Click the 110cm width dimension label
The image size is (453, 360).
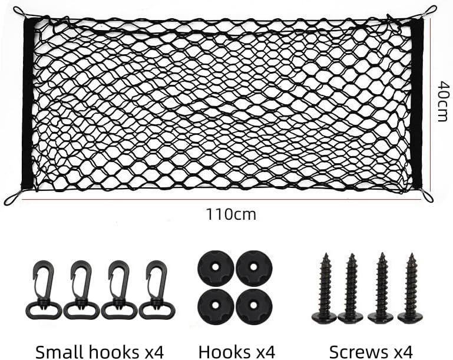231,214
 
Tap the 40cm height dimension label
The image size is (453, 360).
444,101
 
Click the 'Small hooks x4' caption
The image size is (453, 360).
100,352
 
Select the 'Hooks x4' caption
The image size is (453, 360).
237,352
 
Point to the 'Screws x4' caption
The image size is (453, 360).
371,352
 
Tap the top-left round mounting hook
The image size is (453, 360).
216,269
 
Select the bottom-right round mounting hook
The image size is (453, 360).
254,306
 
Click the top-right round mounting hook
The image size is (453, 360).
254,269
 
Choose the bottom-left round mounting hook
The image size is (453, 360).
216,306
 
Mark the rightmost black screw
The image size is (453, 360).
411,289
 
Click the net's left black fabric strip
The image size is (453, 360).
28,104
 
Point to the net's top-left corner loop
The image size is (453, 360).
19,13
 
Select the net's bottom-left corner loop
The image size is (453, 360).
11,199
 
